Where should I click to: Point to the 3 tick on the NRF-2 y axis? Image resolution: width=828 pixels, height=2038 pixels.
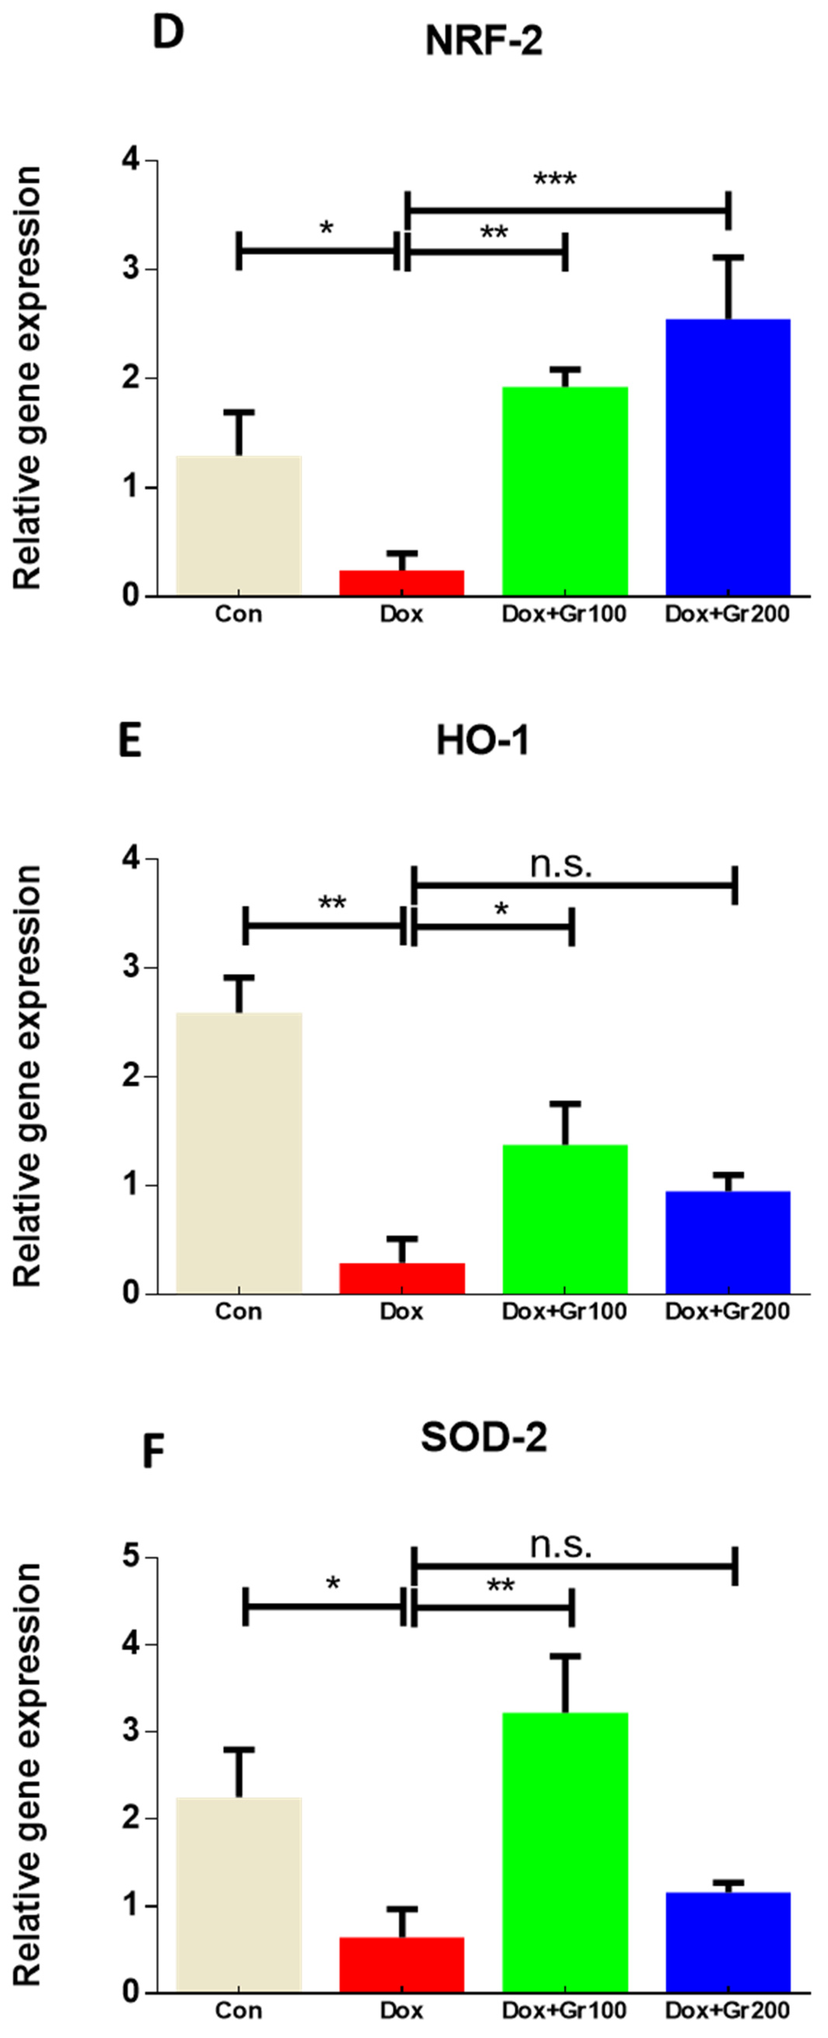131,269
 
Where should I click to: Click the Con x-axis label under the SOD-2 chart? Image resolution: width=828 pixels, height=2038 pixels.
238,2009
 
